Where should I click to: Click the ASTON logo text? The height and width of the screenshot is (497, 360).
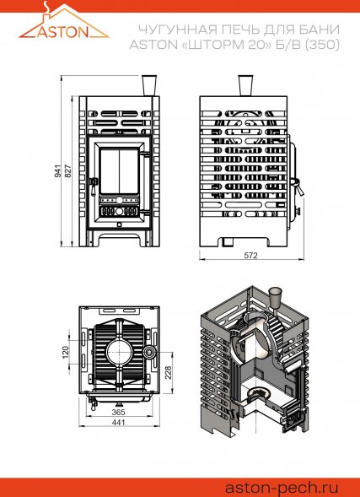[x=64, y=31]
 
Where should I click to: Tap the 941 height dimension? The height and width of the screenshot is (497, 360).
[x=58, y=170]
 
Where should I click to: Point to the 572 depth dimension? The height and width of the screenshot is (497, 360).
[x=251, y=255]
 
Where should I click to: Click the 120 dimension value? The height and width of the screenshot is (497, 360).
[x=66, y=352]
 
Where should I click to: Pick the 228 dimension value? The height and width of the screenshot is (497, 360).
[x=168, y=373]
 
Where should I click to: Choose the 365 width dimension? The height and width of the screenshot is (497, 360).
[x=119, y=412]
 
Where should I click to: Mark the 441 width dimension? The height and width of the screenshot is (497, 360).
[x=119, y=422]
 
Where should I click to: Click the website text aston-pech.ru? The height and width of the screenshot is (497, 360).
[x=282, y=487]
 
